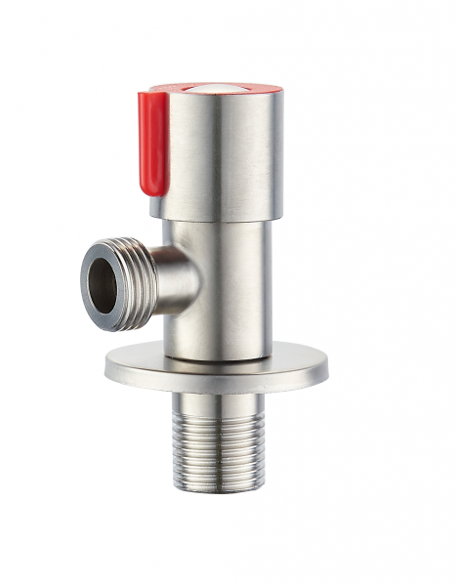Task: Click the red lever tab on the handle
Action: [x=153, y=137]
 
